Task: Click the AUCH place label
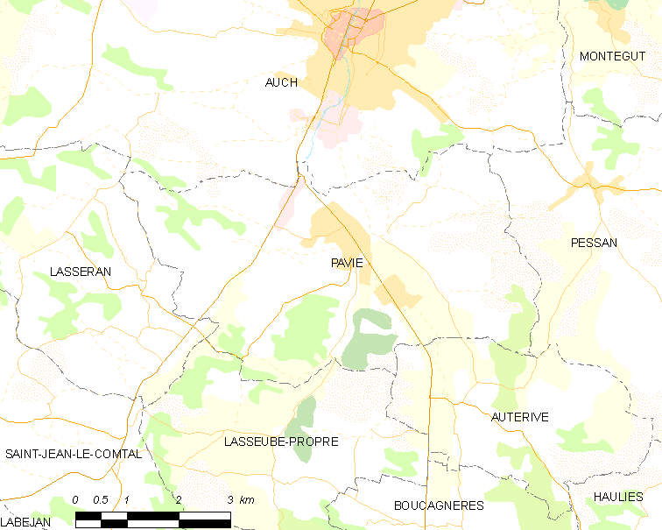pos(281,82)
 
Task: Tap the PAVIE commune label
pos(347,263)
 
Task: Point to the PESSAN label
pos(594,243)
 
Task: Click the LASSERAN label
pos(81,272)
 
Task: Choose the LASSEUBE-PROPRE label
pos(281,442)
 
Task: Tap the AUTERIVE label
pos(520,417)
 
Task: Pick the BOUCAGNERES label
pos(439,505)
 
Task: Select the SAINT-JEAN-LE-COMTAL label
pos(74,454)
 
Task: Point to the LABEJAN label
pos(26,521)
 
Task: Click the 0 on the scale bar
pos(76,499)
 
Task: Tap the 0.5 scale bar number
pos(101,499)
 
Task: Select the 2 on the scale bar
pos(179,499)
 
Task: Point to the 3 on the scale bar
pos(229,499)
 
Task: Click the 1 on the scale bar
pos(127,499)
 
